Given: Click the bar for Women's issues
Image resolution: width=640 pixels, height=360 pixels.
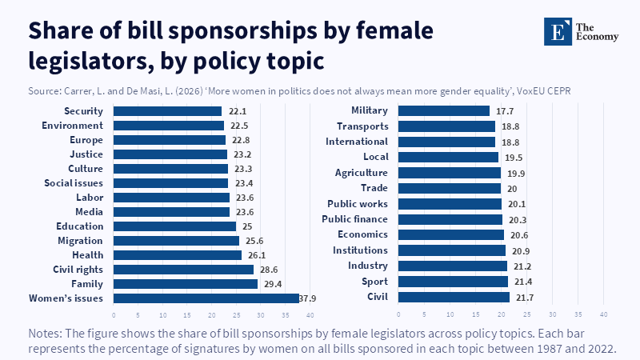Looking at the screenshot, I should click(206, 298).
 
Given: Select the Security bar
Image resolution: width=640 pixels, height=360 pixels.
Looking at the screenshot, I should click(167, 111).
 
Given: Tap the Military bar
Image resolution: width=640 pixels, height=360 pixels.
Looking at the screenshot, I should click(443, 110).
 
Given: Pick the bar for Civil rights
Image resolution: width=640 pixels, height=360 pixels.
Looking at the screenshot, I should click(183, 269).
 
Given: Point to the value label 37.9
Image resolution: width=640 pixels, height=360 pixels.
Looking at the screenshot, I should click(308, 298).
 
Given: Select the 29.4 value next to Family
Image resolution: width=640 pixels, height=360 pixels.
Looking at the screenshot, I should click(270, 284).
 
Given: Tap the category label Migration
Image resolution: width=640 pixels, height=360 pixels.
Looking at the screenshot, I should click(80, 240).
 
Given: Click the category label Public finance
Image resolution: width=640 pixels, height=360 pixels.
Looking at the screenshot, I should click(354, 219).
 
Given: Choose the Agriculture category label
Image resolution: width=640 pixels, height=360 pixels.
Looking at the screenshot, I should click(361, 173).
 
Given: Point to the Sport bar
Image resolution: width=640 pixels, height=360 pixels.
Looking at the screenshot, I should click(453, 282).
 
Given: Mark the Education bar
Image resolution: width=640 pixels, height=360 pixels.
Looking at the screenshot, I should click(174, 226).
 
